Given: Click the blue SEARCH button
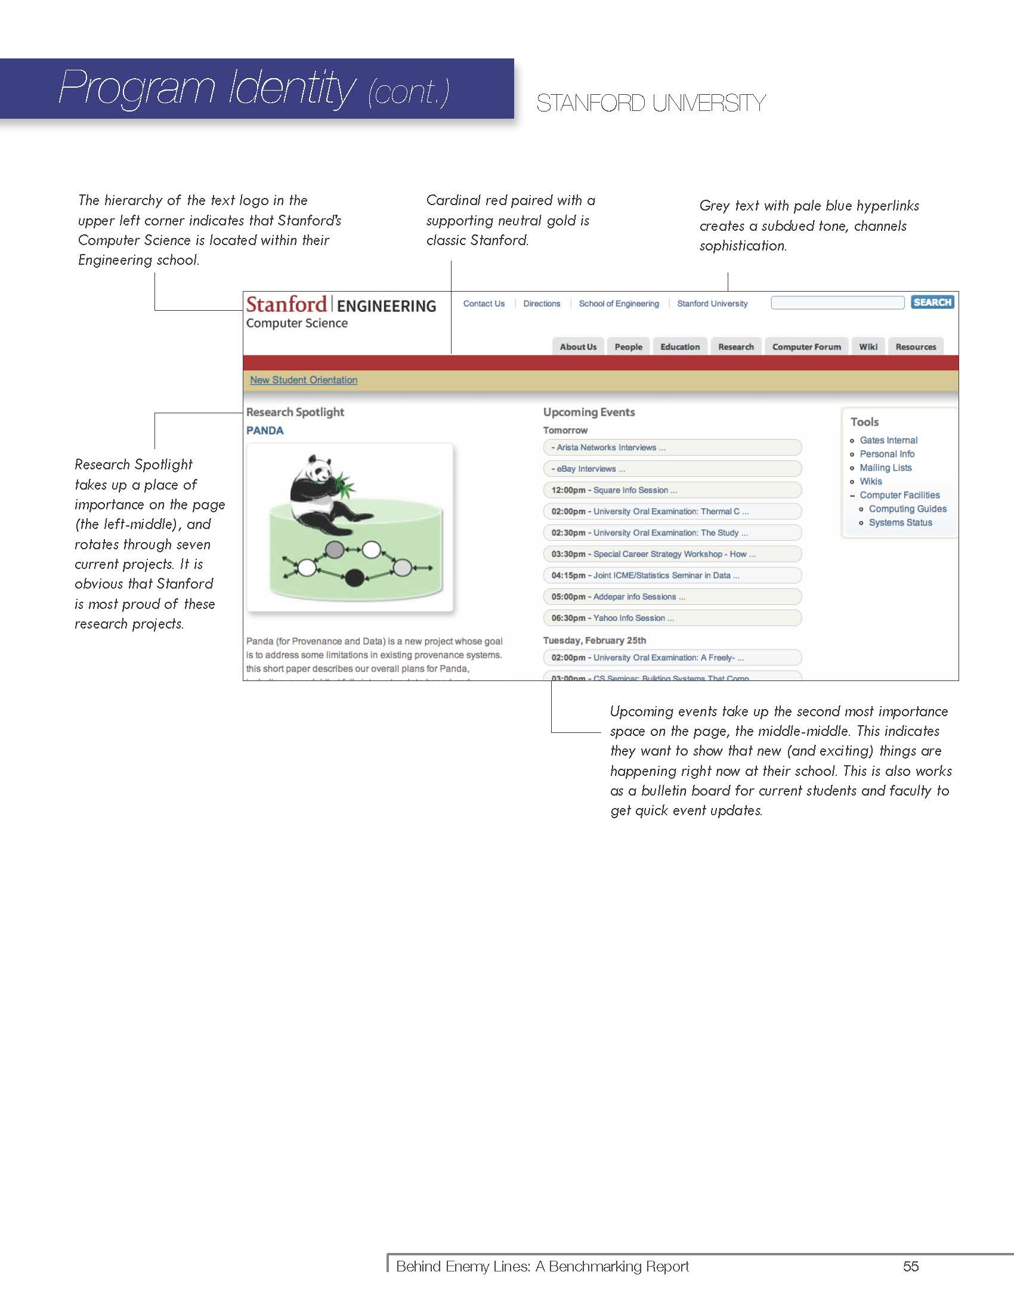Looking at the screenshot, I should pyautogui.click(x=932, y=302).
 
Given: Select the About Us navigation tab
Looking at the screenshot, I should pyautogui.click(x=578, y=346).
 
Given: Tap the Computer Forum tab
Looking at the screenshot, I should pyautogui.click(x=806, y=346).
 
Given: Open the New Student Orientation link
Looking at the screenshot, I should pyautogui.click(x=304, y=380).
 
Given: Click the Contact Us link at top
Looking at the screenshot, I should pyautogui.click(x=484, y=304).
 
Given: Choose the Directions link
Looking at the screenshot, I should pyautogui.click(x=541, y=304).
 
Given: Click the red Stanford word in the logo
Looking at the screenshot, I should pyautogui.click(x=286, y=305).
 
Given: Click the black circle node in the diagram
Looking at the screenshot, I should pyautogui.click(x=354, y=578).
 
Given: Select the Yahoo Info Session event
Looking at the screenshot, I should pyautogui.click(x=633, y=618).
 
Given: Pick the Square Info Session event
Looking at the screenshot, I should pyautogui.click(x=635, y=490).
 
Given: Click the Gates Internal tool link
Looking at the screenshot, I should pyautogui.click(x=889, y=440).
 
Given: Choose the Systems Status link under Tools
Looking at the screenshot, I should pyautogui.click(x=901, y=522).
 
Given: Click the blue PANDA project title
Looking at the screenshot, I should pyautogui.click(x=265, y=430).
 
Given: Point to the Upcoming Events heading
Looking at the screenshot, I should pyautogui.click(x=589, y=412).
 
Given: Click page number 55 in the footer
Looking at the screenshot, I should pyautogui.click(x=911, y=1266).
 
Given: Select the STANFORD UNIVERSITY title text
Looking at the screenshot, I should pyautogui.click(x=651, y=103).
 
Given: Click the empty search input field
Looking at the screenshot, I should pyautogui.click(x=837, y=302).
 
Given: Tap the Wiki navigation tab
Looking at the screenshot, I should pyautogui.click(x=868, y=346).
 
